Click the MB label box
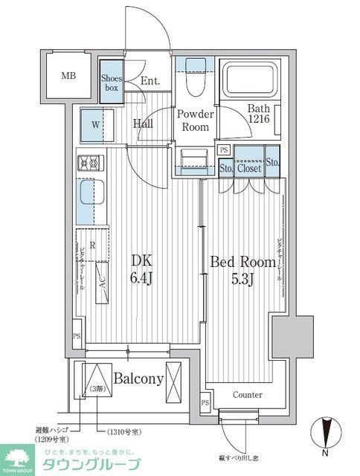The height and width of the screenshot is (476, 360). click(68, 76)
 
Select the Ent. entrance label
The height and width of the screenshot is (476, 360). click(149, 81)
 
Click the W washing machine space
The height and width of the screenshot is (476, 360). click(97, 124)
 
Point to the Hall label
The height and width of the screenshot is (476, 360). click(143, 123)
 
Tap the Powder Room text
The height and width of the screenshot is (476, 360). click(195, 121)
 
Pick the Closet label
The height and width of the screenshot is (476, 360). click(249, 168)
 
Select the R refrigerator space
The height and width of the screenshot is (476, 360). click(91, 244)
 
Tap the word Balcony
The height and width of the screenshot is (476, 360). click(138, 379)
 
